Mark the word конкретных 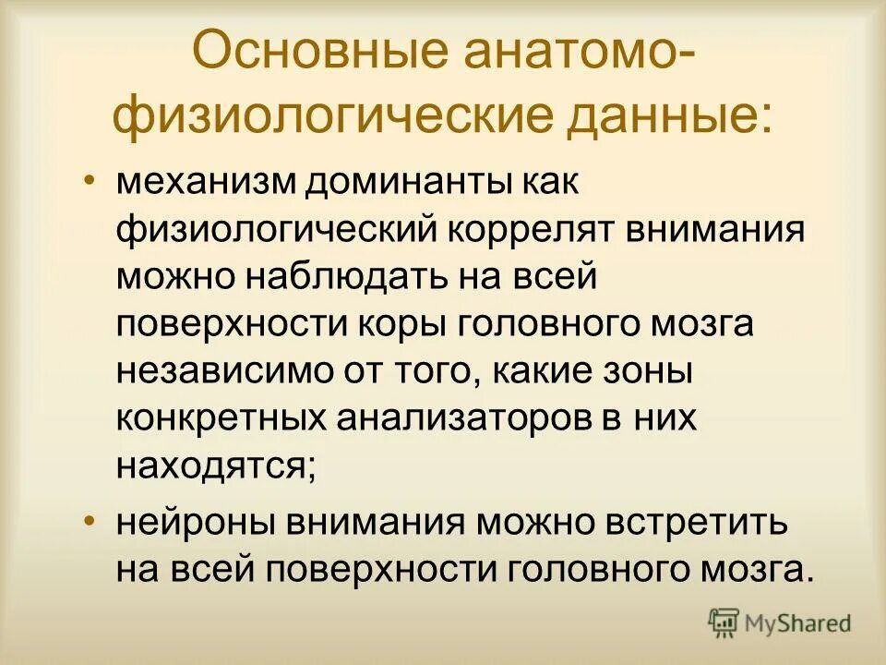221,418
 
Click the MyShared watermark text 798,623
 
